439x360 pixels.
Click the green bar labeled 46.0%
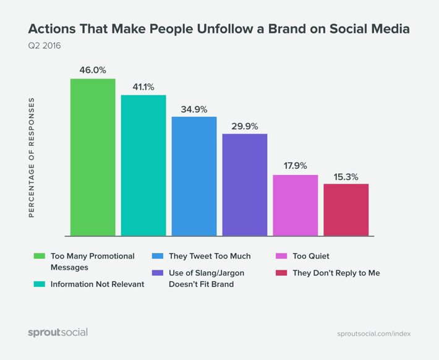coord(93,157)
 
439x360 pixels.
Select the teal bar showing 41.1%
coord(143,165)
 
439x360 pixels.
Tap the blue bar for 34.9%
coord(194,176)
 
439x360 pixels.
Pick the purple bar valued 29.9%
coord(245,184)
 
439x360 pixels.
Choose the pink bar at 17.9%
coord(296,205)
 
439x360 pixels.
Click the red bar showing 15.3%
coord(346,210)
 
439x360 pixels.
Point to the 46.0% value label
coord(93,70)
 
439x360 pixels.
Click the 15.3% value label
coord(346,176)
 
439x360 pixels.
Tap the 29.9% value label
coord(245,126)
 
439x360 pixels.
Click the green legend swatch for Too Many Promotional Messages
coord(40,256)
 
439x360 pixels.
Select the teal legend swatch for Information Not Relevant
coord(40,285)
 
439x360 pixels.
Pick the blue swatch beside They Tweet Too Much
coord(157,256)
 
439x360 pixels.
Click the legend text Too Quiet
coord(310,256)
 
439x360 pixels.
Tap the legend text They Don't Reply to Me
coord(336,273)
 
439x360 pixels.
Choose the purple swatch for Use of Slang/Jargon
coord(157,273)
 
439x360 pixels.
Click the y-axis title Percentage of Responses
coord(32,157)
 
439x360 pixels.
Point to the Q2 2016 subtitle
coord(45,46)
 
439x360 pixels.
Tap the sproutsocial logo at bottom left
coord(58,332)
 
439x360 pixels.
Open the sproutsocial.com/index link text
coord(373,333)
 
